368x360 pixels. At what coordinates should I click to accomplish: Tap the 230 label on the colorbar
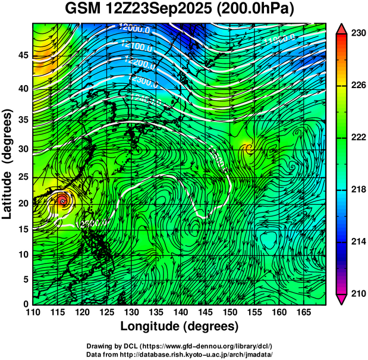357,34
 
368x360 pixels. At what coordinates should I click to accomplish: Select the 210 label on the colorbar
357,293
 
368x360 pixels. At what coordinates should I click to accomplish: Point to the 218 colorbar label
357,190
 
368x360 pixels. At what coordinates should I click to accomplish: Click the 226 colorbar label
357,86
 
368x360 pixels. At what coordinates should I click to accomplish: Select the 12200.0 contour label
140,61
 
